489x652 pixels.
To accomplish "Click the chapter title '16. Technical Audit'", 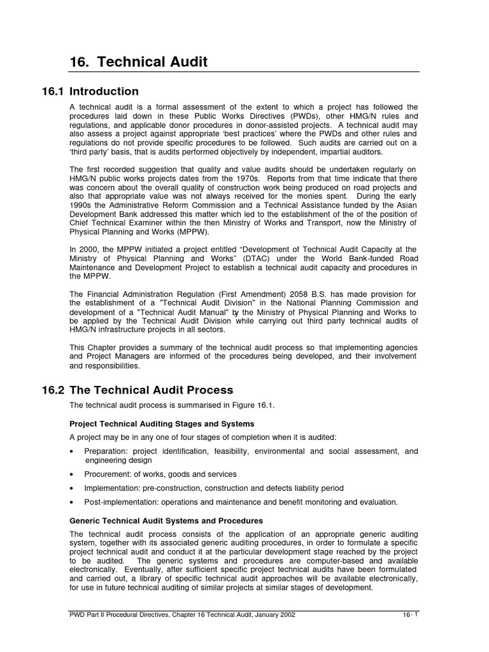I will coord(138,62).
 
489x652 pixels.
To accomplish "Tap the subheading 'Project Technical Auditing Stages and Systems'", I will coord(162,423).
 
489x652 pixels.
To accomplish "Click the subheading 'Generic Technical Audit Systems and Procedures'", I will coord(166,520).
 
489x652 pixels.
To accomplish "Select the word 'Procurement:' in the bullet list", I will coord(108,474).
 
